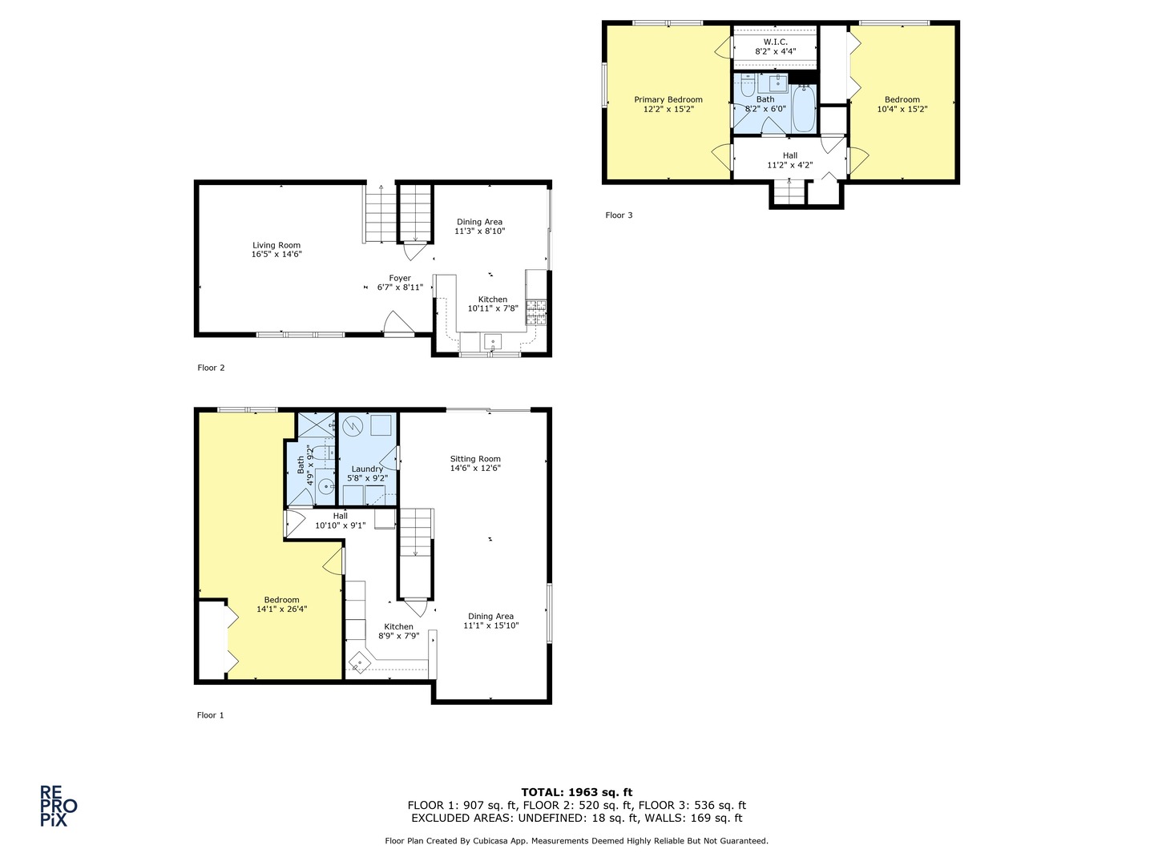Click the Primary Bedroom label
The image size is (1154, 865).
tap(668, 100)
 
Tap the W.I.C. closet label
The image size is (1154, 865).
tap(775, 42)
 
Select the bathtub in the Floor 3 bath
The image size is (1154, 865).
tap(803, 110)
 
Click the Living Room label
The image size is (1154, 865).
tap(276, 246)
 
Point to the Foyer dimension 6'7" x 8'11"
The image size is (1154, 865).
tap(400, 288)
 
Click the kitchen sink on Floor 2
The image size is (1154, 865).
tap(492, 342)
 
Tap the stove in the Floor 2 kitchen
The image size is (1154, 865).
tap(535, 313)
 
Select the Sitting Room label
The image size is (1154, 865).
tap(475, 460)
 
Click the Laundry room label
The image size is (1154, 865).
tap(367, 469)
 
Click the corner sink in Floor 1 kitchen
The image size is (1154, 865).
tap(359, 663)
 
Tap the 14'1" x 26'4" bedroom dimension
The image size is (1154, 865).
tap(281, 610)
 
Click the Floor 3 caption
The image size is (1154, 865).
tap(619, 215)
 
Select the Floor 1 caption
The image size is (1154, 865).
tap(211, 715)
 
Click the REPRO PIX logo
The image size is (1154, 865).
tap(59, 806)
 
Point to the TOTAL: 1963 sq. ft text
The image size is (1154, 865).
tap(576, 792)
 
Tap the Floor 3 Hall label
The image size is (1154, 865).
tap(790, 156)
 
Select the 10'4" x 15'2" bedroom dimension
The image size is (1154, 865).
tap(902, 110)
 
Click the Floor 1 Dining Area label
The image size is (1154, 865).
tap(490, 617)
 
